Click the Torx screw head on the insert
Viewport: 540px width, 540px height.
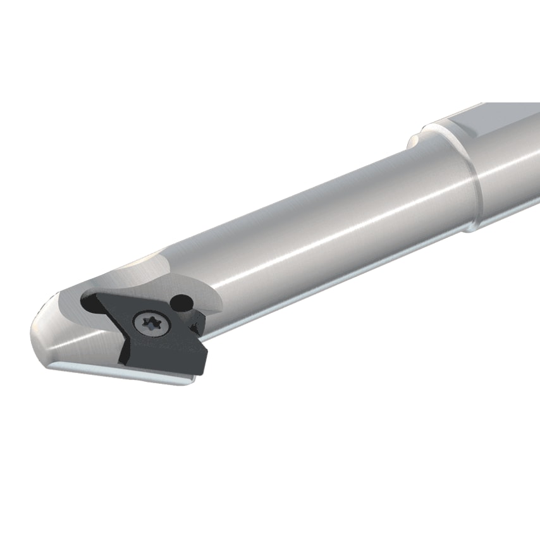point(152,324)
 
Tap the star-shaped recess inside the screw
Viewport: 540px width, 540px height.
point(152,324)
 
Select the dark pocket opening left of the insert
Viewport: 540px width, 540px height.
point(92,304)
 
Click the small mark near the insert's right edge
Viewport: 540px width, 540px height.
point(194,326)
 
